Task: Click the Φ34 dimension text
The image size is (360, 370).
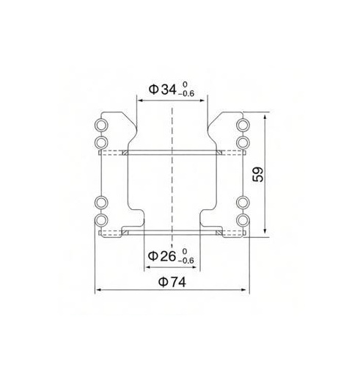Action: click(x=163, y=90)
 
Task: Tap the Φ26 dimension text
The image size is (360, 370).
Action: click(x=163, y=256)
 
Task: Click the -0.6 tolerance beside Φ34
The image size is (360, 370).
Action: click(x=188, y=95)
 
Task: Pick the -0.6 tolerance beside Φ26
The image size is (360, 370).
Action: click(x=188, y=261)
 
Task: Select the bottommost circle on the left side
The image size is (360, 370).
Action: click(x=101, y=220)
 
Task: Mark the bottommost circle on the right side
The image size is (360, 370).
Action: click(x=243, y=220)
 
